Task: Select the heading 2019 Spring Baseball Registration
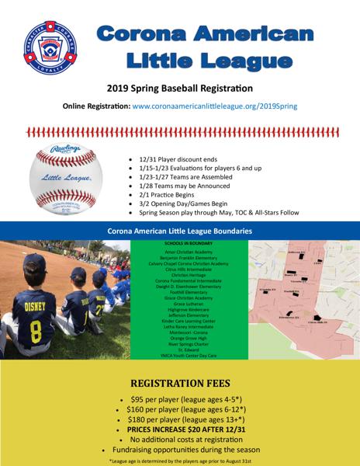tap(180, 89)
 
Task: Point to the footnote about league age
tap(180, 460)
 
